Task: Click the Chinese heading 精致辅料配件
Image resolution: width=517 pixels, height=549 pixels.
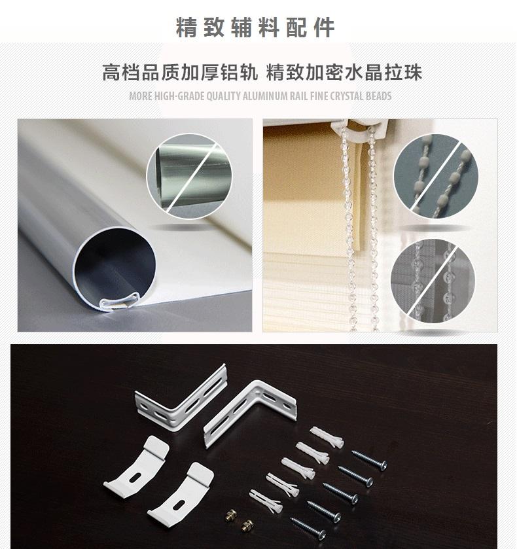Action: [255, 27]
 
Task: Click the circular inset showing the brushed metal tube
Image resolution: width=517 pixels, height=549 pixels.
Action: [189, 177]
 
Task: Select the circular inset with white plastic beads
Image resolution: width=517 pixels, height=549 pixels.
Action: [436, 176]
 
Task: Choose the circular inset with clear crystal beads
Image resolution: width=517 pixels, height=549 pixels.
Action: [433, 281]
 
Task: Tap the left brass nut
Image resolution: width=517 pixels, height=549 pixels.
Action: [230, 515]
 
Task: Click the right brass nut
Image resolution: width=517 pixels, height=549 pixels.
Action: [247, 525]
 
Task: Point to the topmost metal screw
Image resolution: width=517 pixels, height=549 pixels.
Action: [370, 459]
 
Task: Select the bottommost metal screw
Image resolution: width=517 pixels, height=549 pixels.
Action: [308, 527]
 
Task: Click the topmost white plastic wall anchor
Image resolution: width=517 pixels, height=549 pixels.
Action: [327, 436]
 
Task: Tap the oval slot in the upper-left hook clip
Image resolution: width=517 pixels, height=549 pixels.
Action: [136, 477]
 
